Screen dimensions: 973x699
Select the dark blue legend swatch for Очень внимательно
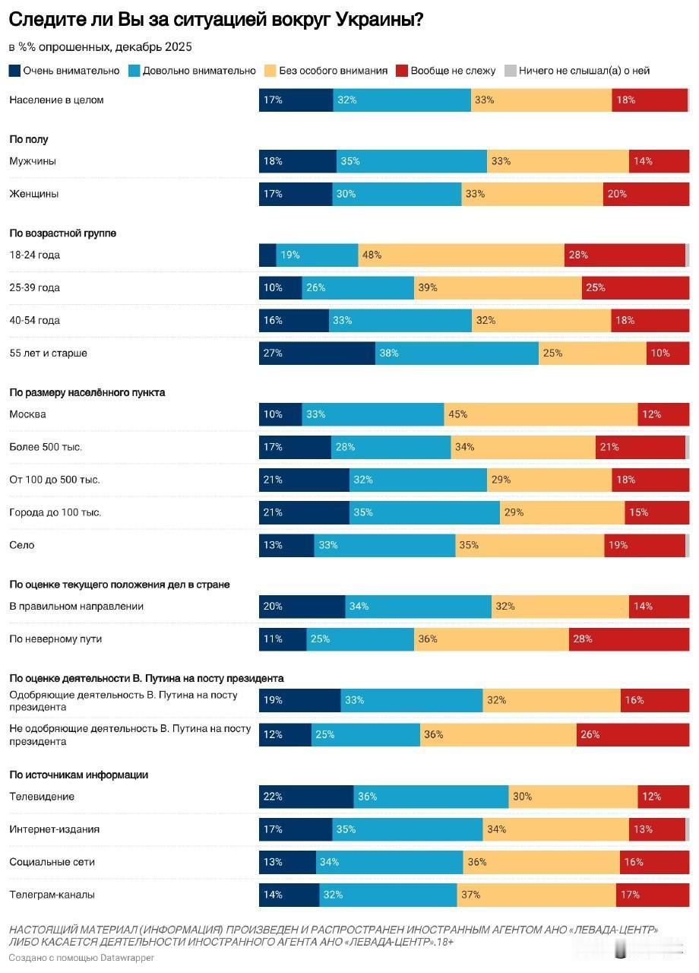pos(14,71)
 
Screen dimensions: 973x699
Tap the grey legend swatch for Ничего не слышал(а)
pos(511,71)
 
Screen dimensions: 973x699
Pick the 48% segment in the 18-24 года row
pos(461,255)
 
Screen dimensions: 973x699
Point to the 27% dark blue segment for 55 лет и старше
pos(317,353)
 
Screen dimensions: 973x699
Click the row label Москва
pos(27,414)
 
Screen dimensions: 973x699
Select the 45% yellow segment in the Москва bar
pos(540,414)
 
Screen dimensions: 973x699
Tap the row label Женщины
pos(33,194)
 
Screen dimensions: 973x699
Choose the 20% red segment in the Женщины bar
pos(646,194)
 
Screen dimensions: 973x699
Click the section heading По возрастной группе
pos(62,233)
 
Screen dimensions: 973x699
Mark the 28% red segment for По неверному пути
pos(628,639)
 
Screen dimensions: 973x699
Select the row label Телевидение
pos(42,797)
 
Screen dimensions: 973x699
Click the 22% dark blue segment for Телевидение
pos(306,797)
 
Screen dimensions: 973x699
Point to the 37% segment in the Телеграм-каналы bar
pos(536,895)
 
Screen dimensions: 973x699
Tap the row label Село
pos(21,545)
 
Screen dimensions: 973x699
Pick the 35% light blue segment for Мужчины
pos(411,161)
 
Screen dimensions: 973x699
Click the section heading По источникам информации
pos(78,775)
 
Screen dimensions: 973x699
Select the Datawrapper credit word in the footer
pos(127,958)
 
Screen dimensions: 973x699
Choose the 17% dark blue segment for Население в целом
pos(296,100)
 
